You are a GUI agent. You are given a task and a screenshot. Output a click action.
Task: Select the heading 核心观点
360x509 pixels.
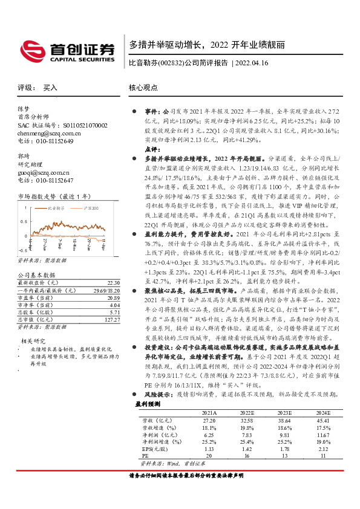click(143, 88)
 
